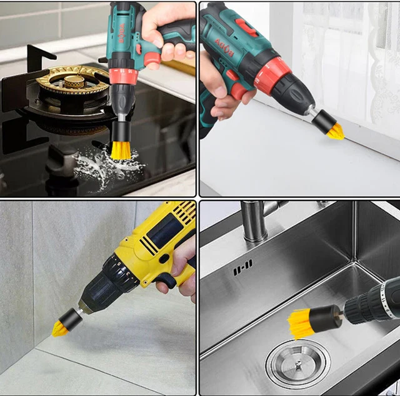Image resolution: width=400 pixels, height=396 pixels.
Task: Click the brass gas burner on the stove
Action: coord(70,81)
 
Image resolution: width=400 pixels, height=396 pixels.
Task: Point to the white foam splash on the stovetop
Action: coord(103,166)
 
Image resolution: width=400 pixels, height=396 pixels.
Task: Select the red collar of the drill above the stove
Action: coord(124,76)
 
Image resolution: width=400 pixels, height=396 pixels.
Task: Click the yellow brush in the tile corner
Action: coord(60,327)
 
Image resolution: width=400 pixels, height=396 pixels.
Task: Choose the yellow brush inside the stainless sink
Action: coord(301,322)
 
